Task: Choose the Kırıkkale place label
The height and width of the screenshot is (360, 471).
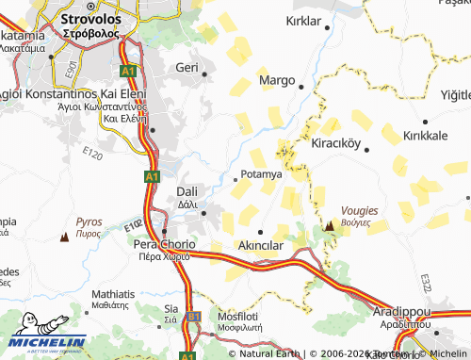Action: point(425,136)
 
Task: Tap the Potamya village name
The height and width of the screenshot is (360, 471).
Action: point(262,174)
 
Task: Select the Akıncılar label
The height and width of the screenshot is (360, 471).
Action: point(260,245)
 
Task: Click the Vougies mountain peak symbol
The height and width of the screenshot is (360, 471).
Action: point(330,226)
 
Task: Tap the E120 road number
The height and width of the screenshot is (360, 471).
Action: point(91,154)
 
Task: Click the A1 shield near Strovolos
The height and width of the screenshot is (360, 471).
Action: point(128,71)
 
